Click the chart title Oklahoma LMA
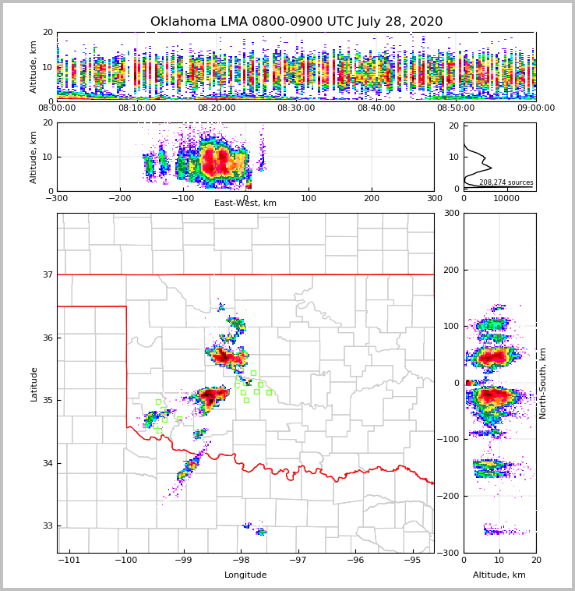click(x=296, y=22)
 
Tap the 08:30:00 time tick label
click(x=296, y=108)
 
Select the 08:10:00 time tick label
click(x=137, y=108)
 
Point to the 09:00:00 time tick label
click(x=535, y=108)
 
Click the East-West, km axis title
click(x=245, y=203)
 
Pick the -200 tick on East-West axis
click(x=119, y=198)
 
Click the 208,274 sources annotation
click(x=506, y=182)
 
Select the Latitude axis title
click(x=34, y=384)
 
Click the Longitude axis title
click(x=245, y=575)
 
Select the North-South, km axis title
click(x=543, y=383)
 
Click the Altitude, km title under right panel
click(x=499, y=575)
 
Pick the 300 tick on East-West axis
click(x=434, y=198)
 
